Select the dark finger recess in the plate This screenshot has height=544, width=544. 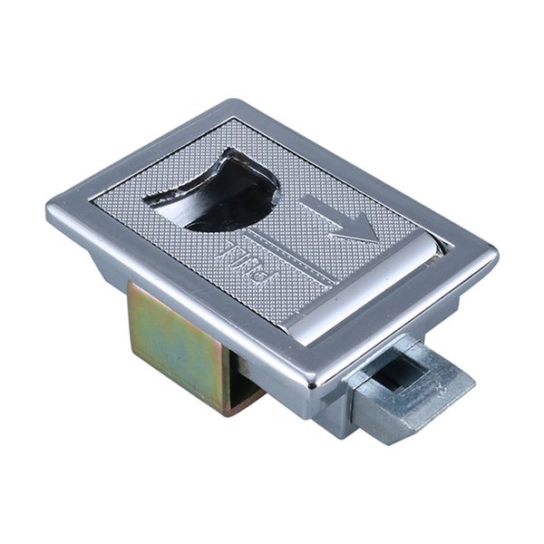[218, 192]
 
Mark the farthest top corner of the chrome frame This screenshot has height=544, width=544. [238, 102]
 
